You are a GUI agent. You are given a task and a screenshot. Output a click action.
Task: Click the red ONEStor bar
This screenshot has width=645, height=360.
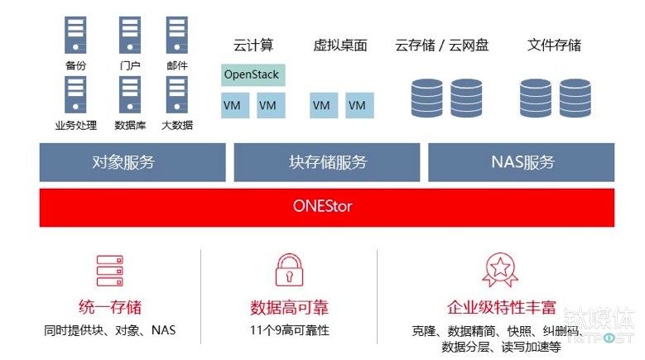pos(326,207)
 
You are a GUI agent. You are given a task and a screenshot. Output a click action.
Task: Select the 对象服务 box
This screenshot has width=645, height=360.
pos(132,162)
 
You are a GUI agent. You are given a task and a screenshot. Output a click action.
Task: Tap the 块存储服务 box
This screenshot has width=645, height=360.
pos(327,162)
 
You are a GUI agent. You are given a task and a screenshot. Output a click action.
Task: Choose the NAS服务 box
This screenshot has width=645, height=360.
pos(522,162)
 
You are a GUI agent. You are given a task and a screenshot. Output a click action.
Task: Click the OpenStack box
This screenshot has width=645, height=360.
pos(252,74)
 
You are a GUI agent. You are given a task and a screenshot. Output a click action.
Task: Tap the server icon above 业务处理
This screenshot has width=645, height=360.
pos(75,95)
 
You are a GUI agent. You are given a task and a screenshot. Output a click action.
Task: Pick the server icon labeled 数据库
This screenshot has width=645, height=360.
pos(129,95)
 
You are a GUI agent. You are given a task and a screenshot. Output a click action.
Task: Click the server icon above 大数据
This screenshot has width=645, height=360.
pos(177,95)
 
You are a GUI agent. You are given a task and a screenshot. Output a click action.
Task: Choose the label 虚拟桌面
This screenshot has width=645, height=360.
pos(340,46)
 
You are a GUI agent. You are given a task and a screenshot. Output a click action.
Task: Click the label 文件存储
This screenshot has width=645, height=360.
pos(554,46)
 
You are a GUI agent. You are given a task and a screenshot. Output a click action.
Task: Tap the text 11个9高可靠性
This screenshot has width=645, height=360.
pos(289,330)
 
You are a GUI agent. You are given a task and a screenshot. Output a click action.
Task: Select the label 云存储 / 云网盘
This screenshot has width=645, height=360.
pos(442,46)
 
